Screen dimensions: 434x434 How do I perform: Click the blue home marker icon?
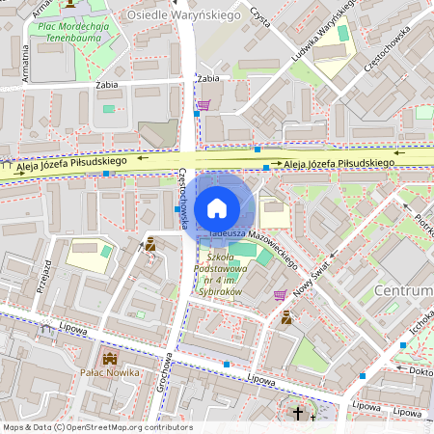(217, 208)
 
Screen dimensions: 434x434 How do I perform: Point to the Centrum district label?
(404, 291)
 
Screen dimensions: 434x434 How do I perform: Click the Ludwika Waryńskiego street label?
(323, 29)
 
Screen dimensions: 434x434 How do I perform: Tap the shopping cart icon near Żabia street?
(203, 105)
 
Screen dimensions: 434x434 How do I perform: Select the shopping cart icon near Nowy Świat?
(280, 295)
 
